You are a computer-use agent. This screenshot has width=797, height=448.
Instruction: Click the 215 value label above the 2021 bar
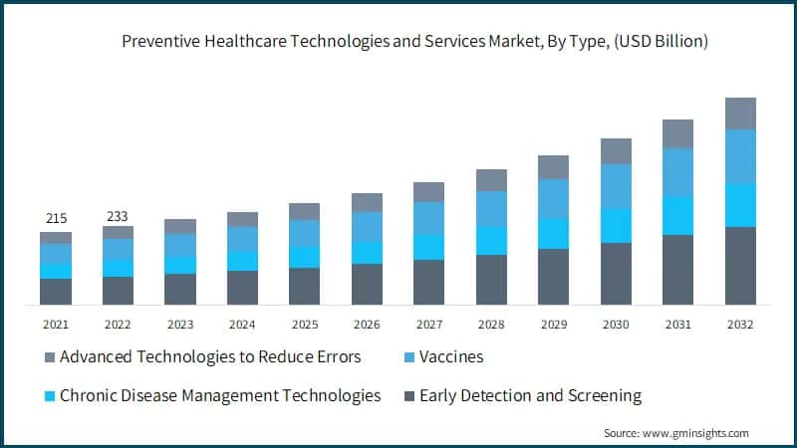coord(55,218)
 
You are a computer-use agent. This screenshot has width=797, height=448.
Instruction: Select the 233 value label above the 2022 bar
coord(118,216)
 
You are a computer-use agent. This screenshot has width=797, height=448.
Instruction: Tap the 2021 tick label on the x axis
coord(55,325)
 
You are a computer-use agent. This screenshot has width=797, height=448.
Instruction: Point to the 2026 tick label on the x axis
coord(367,325)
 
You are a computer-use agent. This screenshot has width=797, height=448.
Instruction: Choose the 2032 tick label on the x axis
coord(740,325)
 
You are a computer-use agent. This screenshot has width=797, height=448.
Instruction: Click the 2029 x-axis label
coord(553,325)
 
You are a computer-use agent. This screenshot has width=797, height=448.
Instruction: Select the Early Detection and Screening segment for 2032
coord(740,266)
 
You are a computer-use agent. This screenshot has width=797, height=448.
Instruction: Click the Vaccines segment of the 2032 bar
coord(740,157)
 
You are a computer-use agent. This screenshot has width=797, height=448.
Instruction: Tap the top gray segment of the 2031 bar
coord(677,134)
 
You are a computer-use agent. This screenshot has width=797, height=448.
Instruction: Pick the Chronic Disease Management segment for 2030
coord(616,226)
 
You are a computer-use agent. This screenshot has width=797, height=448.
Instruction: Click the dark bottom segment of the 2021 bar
coord(56,292)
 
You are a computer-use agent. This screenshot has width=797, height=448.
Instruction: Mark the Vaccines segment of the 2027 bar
coord(428,218)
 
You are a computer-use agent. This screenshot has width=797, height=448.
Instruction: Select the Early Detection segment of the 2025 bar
coord(304,286)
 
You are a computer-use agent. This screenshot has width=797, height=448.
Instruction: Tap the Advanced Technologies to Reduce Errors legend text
coord(210,356)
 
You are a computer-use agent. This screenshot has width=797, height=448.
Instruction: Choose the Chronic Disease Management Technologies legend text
coord(220,395)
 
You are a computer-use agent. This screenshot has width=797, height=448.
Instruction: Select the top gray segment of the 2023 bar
coord(179,226)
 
